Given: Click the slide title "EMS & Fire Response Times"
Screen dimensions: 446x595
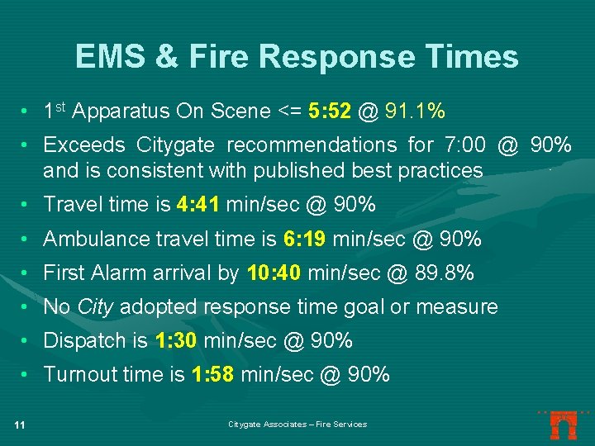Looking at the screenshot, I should click(x=297, y=56).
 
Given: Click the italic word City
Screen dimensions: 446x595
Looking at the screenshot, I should click(x=95, y=307).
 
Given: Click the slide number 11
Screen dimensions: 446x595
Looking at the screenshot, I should click(x=21, y=425).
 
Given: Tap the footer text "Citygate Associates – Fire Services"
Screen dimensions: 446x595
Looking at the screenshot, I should click(x=297, y=425).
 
